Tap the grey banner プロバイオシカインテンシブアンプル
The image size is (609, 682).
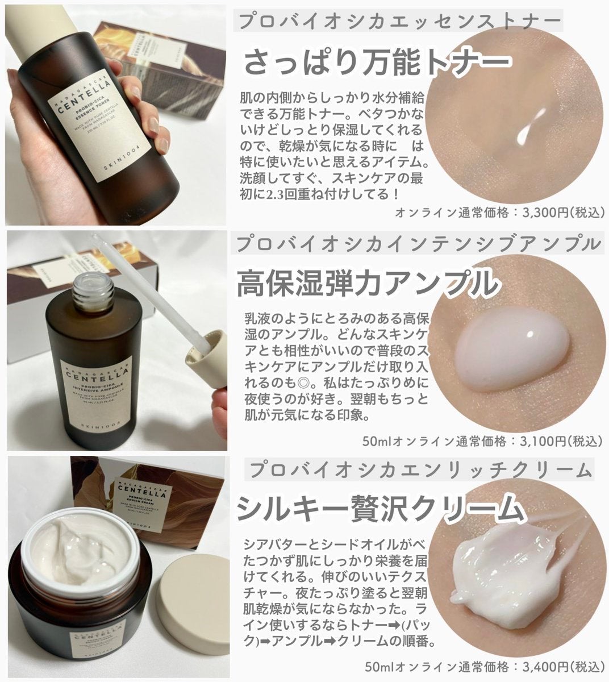(x=418, y=244)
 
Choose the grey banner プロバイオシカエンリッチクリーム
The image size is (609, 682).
(x=421, y=469)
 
